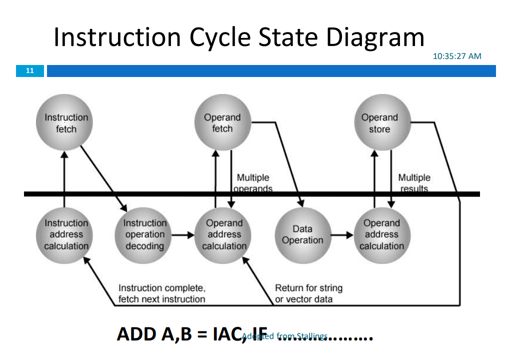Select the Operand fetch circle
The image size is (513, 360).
(x=222, y=122)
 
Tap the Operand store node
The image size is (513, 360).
(x=379, y=122)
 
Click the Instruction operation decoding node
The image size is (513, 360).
(x=144, y=234)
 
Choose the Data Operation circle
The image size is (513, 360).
(x=302, y=234)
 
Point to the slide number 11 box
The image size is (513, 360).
(x=30, y=71)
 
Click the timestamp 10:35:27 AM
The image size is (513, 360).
(x=456, y=56)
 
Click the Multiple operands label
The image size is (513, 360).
(x=253, y=182)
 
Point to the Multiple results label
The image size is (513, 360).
(x=414, y=182)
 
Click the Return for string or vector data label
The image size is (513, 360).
(x=308, y=293)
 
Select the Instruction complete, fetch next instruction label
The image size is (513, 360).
(x=161, y=293)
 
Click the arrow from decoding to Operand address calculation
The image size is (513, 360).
(x=182, y=234)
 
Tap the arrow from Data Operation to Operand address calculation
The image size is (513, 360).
(x=342, y=234)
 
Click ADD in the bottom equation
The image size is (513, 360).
(x=135, y=333)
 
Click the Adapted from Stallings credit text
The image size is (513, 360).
(x=285, y=336)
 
